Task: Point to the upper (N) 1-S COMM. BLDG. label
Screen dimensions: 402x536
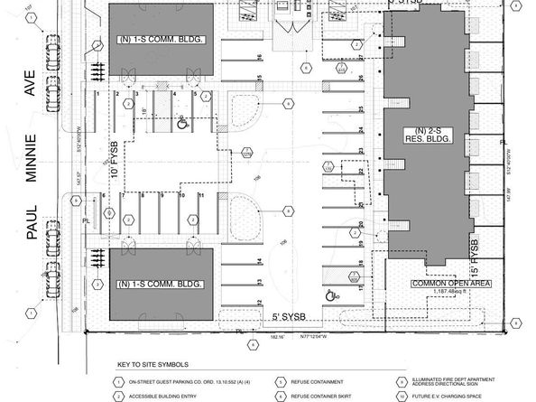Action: [x=162, y=40]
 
